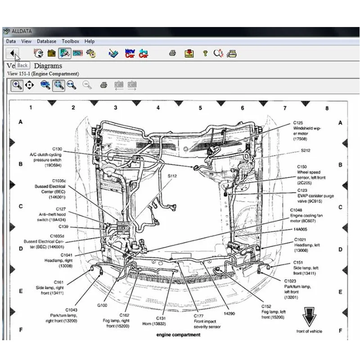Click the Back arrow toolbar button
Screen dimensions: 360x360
13,53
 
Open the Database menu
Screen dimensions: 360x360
46,41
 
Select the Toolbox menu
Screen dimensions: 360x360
70,41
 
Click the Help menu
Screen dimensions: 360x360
90,41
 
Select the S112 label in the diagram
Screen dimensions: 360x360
172,176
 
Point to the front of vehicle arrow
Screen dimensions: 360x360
309,317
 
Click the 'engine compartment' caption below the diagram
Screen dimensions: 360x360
179,335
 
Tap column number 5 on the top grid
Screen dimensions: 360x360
201,108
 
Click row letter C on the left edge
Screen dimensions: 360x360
20,207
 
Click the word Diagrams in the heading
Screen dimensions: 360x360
48,66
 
